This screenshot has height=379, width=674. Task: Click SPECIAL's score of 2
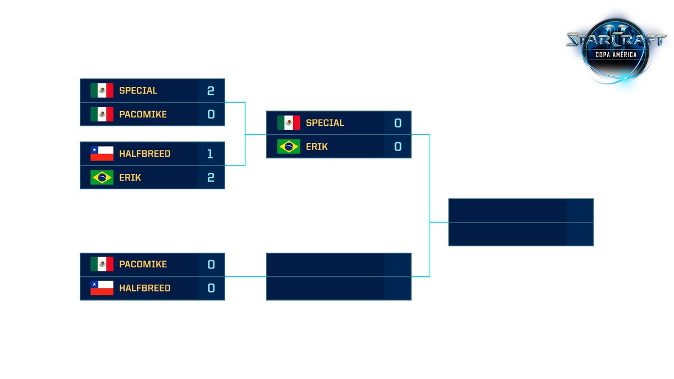click(211, 90)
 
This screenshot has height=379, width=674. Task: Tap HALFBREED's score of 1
click(211, 154)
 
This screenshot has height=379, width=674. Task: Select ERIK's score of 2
click(211, 177)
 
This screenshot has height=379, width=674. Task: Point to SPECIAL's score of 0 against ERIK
click(398, 123)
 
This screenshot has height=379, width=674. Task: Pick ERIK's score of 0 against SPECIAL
click(398, 147)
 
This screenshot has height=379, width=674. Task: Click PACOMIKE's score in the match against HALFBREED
click(211, 264)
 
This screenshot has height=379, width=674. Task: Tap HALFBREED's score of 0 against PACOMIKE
click(211, 288)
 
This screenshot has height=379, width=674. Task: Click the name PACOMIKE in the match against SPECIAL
click(143, 115)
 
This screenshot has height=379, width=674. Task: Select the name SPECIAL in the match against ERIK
click(325, 123)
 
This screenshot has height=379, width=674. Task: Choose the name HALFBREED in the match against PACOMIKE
click(145, 288)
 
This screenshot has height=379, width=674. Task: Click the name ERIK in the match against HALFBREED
click(130, 177)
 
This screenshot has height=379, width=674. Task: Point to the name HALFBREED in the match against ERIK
click(145, 154)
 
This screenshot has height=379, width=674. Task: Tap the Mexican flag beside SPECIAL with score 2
click(102, 90)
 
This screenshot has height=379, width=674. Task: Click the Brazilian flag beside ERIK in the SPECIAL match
click(289, 147)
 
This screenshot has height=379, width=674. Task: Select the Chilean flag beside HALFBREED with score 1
click(102, 154)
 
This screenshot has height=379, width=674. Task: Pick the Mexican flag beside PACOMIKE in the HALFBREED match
click(102, 264)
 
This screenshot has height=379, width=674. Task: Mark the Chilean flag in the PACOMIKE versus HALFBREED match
click(102, 288)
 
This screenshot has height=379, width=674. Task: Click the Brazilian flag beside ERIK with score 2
click(102, 177)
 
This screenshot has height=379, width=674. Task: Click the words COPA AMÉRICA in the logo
click(616, 55)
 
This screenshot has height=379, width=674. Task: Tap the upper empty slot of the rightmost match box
click(507, 211)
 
